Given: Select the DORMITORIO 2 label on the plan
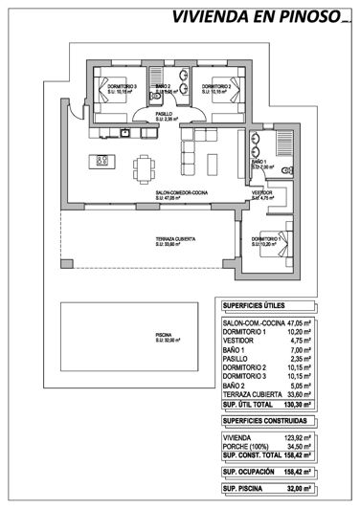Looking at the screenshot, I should point(216,88).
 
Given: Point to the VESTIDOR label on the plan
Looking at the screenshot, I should point(262,193).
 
